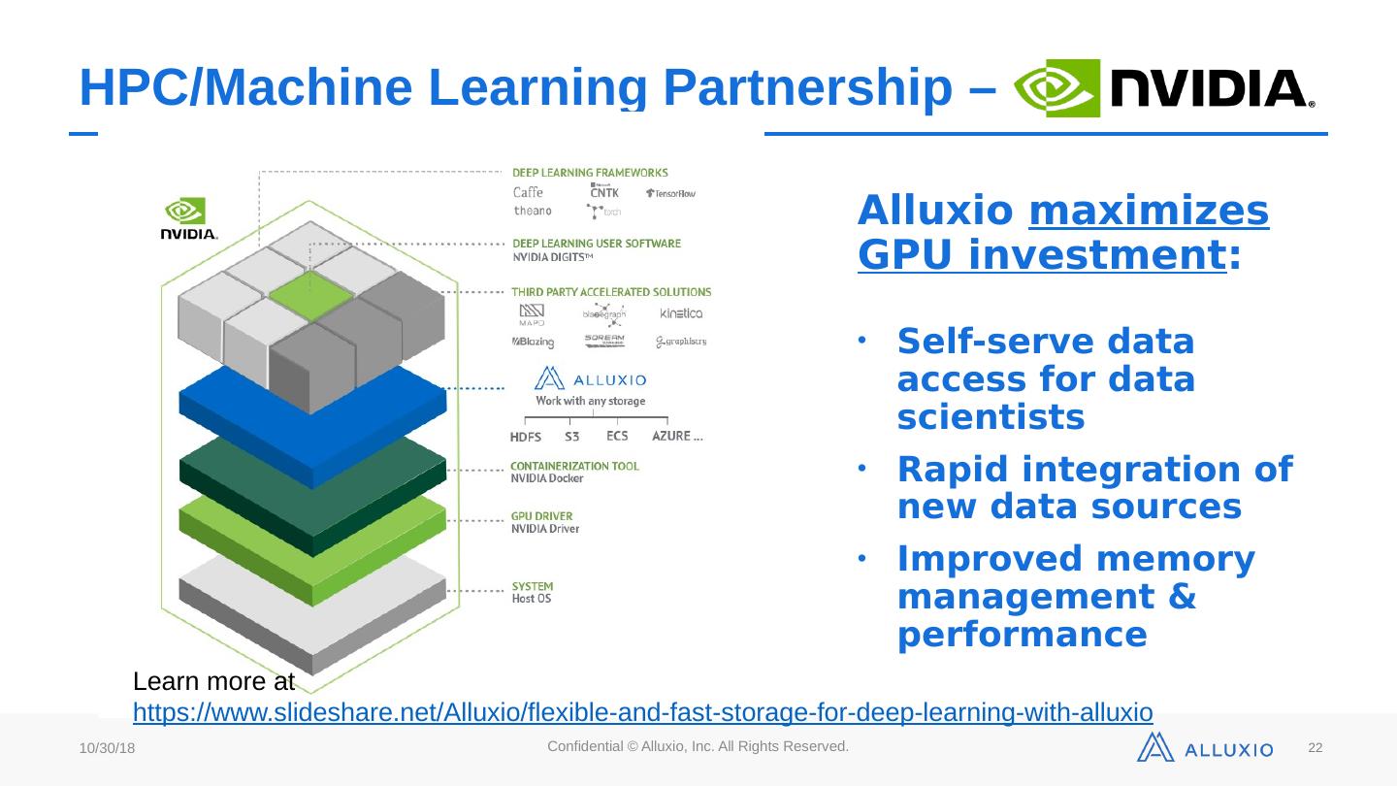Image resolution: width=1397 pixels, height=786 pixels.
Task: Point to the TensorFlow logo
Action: pos(670,194)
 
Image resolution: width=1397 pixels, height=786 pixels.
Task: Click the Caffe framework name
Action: pos(528,192)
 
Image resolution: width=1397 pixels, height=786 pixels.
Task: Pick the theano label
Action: pos(532,211)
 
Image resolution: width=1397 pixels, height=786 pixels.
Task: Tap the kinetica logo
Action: pos(680,313)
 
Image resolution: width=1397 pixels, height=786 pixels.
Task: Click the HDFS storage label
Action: pos(526,438)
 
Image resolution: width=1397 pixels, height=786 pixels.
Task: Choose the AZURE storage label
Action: pos(677,436)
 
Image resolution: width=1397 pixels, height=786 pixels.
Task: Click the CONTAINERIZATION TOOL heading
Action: pos(575,466)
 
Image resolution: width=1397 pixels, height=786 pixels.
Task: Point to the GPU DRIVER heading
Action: pos(542,516)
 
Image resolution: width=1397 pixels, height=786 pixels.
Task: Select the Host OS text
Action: pos(532,600)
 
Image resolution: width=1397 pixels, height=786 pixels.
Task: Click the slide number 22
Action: pos(1316,748)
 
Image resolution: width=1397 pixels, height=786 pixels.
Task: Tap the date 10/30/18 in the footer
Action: pos(107,750)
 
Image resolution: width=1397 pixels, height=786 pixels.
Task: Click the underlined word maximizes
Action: pos(1148,211)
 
